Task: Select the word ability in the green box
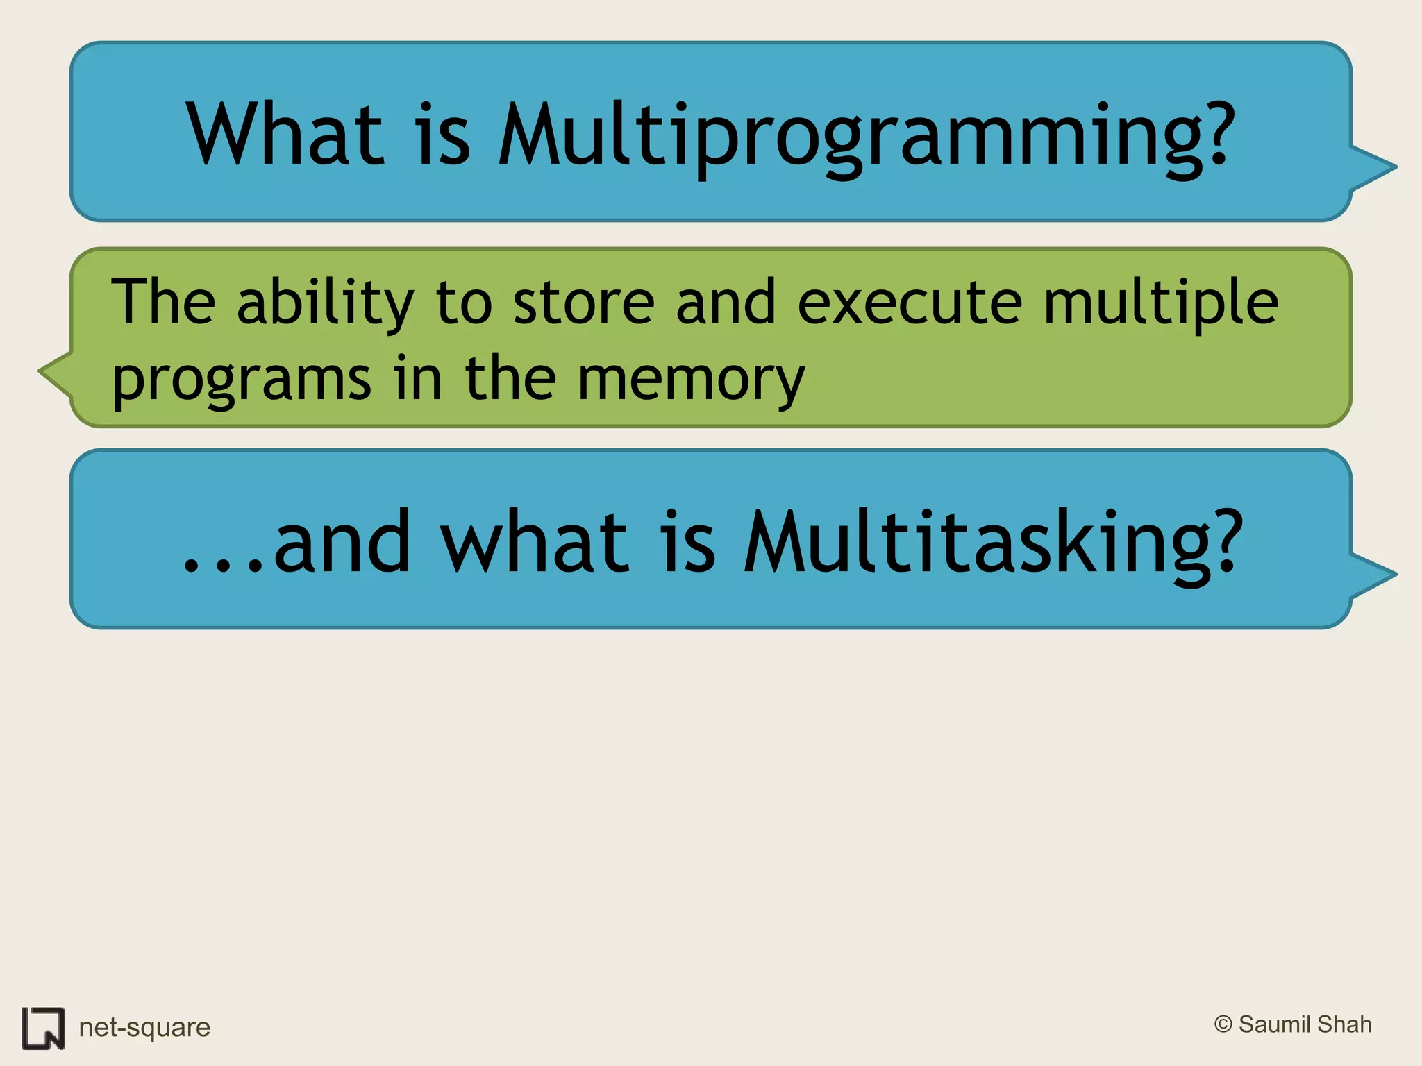325,303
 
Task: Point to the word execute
910,303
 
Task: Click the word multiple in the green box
1160,303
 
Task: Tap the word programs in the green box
242,380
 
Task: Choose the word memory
691,380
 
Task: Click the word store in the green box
583,303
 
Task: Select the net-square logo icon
43,1028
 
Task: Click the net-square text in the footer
144,1027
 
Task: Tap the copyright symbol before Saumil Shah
1223,1024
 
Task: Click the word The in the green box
164,303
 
